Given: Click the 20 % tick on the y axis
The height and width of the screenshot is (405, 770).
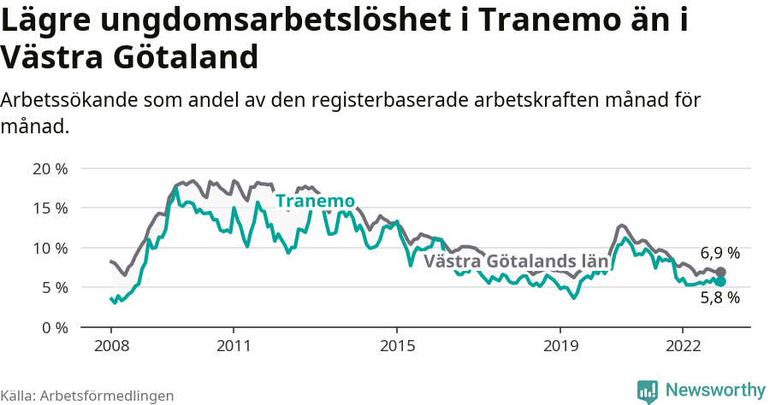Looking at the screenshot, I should (49, 168).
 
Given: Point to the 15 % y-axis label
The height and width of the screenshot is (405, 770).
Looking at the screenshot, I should (49, 208).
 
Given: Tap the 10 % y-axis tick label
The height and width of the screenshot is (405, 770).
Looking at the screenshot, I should (49, 248).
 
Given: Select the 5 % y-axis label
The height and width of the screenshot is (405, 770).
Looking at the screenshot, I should (53, 288).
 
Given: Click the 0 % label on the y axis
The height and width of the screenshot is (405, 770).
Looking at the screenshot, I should (53, 328).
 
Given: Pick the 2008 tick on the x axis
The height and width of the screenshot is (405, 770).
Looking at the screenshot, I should (111, 346).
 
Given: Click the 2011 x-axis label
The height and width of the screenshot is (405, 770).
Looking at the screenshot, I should (234, 346).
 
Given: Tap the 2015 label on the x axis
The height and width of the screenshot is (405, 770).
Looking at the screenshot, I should (396, 346).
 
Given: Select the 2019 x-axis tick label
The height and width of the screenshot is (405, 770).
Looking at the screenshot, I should (560, 346).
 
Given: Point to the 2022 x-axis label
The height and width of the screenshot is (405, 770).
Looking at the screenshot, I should (682, 346).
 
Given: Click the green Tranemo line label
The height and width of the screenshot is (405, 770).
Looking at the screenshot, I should (315, 202).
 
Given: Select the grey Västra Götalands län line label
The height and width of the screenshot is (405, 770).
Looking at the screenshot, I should (516, 261).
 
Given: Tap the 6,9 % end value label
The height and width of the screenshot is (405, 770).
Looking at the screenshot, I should (720, 253).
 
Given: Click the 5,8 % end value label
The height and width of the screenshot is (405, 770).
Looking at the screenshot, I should (720, 298).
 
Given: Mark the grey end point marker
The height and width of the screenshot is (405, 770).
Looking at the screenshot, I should (720, 273).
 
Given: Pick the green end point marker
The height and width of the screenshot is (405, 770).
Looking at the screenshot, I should (720, 281).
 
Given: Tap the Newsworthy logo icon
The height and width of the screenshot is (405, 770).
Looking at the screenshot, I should (648, 390).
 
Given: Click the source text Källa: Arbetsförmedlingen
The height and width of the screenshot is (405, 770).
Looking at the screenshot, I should (87, 396).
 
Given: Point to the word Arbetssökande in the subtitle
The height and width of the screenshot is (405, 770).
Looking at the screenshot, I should (63, 100).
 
